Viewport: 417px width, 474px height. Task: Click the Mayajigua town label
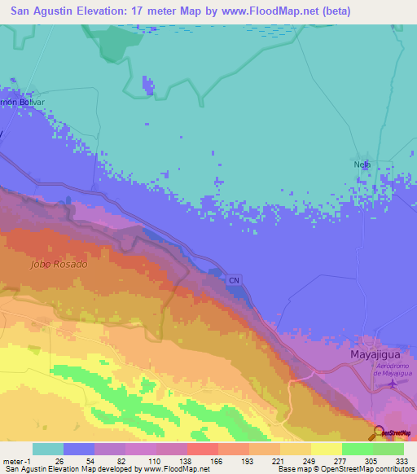[x=375, y=356]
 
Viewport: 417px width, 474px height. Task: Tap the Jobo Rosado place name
[x=58, y=265]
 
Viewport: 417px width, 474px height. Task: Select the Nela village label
[x=362, y=164]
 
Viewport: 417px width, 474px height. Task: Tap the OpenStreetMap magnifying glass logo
[x=379, y=432]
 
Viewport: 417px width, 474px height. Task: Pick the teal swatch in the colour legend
[x=48, y=449]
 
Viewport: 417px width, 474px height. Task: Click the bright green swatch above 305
[x=357, y=449]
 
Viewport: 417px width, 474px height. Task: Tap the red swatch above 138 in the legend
[x=203, y=449]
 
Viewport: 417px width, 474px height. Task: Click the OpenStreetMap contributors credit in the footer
[x=362, y=469]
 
